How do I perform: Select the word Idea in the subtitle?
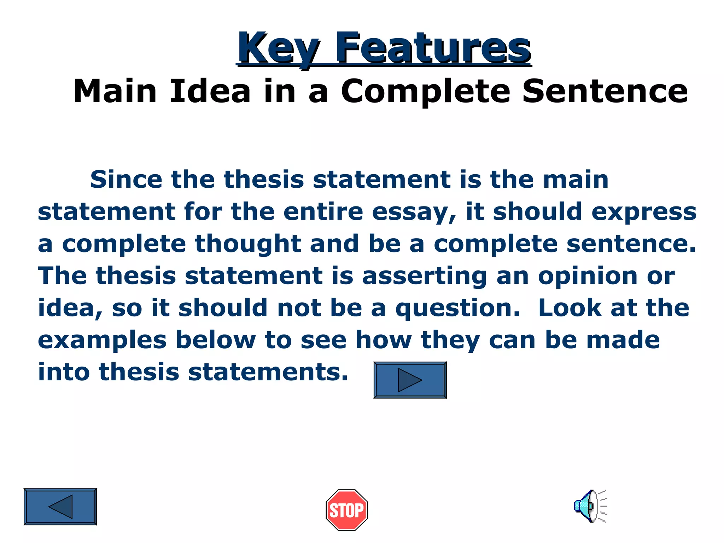pos(210,91)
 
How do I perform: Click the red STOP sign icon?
pos(346,510)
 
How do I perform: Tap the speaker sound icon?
pos(589,506)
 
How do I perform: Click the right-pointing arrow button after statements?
pos(410,380)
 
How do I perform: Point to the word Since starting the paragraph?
pos(126,179)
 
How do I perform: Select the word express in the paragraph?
pos(644,212)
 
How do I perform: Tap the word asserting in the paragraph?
pos(425,276)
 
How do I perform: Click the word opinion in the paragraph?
pos(588,276)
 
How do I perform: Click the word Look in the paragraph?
pos(570,308)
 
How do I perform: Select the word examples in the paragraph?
pos(102,340)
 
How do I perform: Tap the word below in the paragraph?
pos(216,340)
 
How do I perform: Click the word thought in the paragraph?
pos(248,244)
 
